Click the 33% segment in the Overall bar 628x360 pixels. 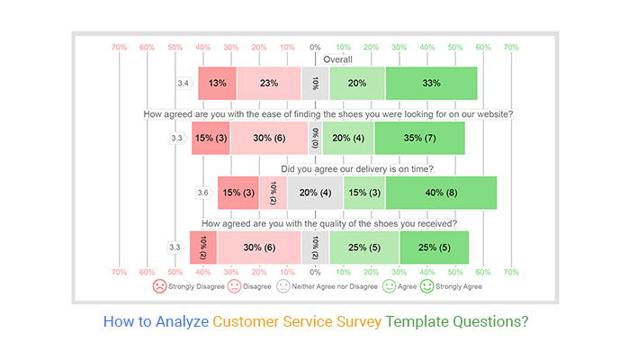tap(431, 83)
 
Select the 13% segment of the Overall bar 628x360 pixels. tap(217, 83)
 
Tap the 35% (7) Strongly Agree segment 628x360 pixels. tap(419, 138)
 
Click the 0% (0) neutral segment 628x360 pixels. tap(315, 138)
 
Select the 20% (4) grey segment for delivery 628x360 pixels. tap(315, 192)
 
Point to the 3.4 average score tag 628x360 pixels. tap(184, 83)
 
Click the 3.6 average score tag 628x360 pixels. tap(204, 192)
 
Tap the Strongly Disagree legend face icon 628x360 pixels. tap(159, 285)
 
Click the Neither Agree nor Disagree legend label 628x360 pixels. tap(334, 285)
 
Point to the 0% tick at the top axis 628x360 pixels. tap(315, 47)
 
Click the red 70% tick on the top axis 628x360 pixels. tap(119, 47)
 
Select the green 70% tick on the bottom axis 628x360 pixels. tap(511, 271)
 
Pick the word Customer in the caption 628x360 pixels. tap(247, 320)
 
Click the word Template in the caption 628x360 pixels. tap(420, 320)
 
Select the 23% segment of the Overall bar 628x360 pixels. tap(268, 83)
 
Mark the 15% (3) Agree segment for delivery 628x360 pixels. tap(363, 192)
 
